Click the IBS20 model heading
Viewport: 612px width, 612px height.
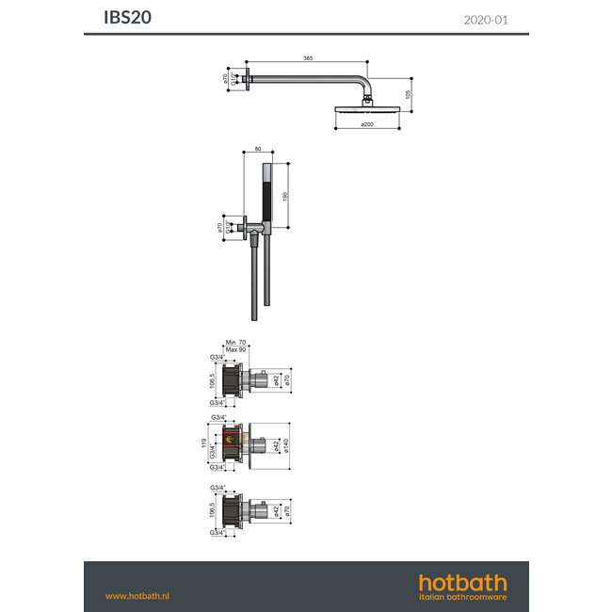[125, 18]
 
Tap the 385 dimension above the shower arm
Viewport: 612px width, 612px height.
[308, 58]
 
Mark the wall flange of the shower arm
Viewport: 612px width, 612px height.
[248, 80]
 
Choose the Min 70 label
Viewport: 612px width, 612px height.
[234, 345]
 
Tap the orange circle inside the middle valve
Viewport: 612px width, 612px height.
[227, 439]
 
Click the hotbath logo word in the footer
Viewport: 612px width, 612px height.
[462, 582]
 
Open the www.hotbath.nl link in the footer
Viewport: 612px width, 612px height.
[137, 596]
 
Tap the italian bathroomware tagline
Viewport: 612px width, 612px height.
[462, 597]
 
